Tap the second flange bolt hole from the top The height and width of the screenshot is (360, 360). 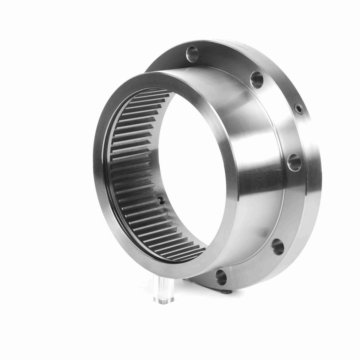[257, 78]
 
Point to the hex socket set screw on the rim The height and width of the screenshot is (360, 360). [298, 109]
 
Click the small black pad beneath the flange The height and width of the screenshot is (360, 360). [227, 291]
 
